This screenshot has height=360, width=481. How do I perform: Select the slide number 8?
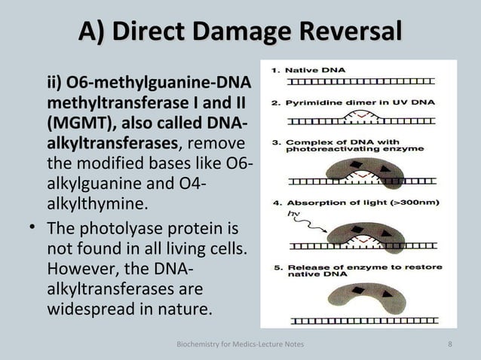coord(449,345)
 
